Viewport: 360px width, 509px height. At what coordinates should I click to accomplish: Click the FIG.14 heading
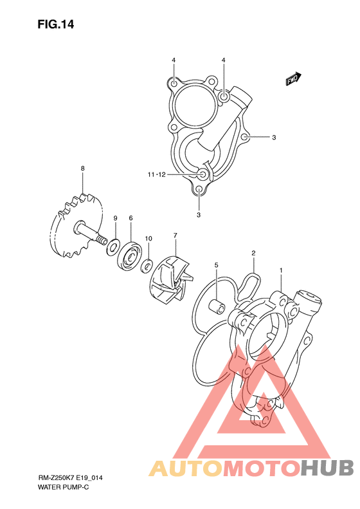[56, 24]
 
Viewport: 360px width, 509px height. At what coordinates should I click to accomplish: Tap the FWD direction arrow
[294, 79]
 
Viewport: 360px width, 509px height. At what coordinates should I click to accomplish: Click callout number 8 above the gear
[83, 168]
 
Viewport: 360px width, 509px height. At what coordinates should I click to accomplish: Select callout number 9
[115, 218]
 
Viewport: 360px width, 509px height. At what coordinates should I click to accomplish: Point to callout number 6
[130, 218]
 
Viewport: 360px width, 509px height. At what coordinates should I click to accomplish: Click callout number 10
[148, 239]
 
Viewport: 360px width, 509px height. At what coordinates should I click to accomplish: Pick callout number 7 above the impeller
[175, 235]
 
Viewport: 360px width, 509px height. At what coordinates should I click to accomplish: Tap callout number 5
[217, 265]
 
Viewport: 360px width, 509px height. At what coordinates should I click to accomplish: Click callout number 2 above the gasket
[253, 253]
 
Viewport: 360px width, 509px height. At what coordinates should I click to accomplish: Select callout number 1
[281, 270]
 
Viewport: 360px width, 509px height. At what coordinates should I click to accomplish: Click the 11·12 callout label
[157, 175]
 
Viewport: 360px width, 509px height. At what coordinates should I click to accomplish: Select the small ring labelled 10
[147, 266]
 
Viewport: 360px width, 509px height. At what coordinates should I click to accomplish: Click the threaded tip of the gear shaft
[102, 241]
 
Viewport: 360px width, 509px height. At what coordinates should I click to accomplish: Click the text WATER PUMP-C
[63, 487]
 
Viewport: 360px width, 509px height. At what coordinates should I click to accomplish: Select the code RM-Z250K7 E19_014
[70, 478]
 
